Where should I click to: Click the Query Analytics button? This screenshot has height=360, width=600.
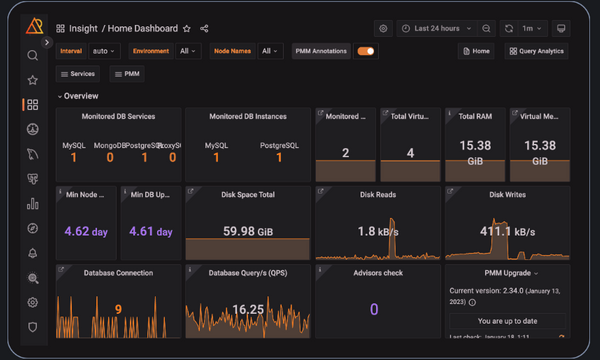[x=537, y=51]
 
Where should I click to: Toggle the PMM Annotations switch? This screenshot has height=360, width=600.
[x=366, y=51]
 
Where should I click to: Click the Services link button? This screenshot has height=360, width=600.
[x=78, y=74]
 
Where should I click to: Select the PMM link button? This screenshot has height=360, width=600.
[x=127, y=74]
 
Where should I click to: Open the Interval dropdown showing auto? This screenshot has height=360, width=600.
[x=103, y=51]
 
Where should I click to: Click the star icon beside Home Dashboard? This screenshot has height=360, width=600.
[x=187, y=29]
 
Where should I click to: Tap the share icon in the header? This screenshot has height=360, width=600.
[x=205, y=29]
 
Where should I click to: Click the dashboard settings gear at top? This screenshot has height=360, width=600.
[x=383, y=29]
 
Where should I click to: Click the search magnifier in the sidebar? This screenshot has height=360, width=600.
[x=33, y=56]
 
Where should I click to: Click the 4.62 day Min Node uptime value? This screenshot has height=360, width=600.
[x=85, y=231]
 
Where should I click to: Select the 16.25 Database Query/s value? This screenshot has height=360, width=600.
[x=247, y=309]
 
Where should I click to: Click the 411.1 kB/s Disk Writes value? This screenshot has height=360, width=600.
[x=506, y=231]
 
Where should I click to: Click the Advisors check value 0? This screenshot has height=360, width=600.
[x=375, y=309]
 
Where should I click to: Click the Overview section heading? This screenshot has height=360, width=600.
[x=81, y=96]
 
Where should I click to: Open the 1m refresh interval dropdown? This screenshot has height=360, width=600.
[x=535, y=29]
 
